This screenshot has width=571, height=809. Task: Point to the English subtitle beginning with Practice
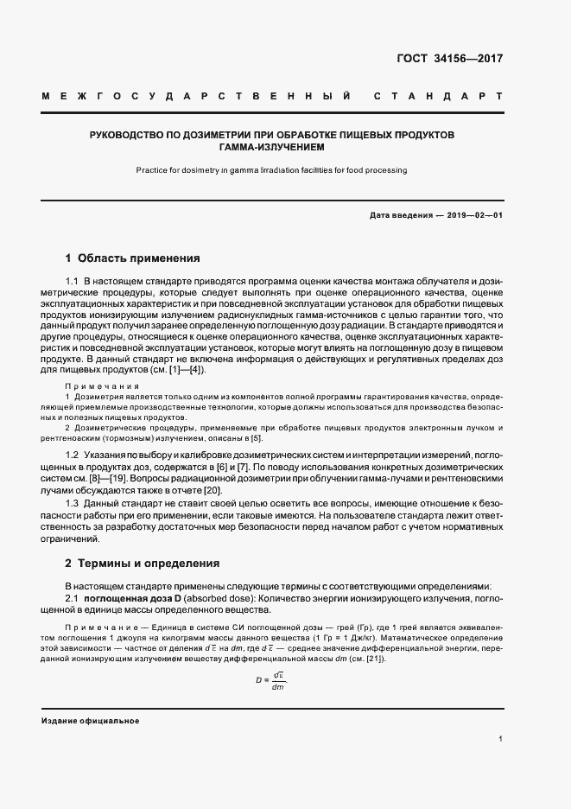tap(271, 170)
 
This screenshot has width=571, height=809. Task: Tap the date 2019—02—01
tap(475, 215)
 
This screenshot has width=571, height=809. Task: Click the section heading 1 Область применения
tap(133, 258)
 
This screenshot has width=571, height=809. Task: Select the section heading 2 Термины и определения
tap(143, 564)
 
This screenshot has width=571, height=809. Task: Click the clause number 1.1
tap(73, 283)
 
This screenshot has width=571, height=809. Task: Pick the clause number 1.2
tap(73, 455)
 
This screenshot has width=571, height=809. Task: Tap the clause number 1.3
tap(73, 502)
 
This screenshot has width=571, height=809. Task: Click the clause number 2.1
tap(73, 598)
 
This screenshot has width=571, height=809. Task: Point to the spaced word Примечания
tap(102, 385)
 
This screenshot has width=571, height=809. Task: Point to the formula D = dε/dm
tap(270, 681)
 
